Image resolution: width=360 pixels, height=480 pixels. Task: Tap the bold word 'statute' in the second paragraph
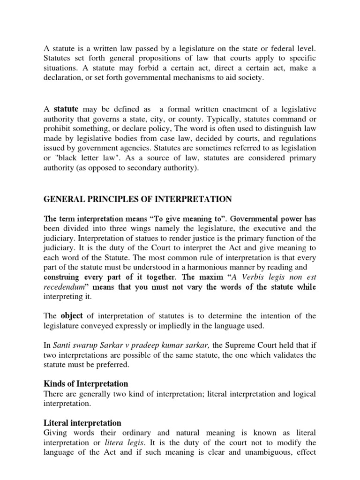[x=67, y=109]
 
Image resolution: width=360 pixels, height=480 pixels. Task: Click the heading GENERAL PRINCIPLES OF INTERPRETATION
[x=138, y=199]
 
